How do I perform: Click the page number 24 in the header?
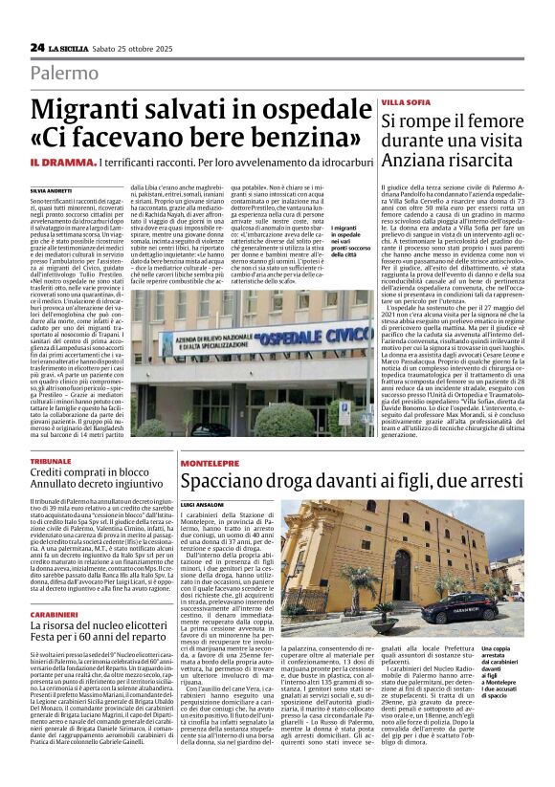point(37,47)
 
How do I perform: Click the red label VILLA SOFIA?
point(405,101)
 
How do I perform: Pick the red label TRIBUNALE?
point(50,461)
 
